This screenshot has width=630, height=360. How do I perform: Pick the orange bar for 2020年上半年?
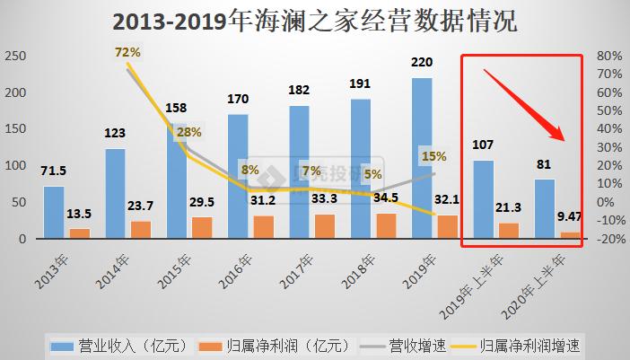569,235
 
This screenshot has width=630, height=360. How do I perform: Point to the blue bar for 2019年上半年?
483,199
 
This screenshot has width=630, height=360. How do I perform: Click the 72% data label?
127,53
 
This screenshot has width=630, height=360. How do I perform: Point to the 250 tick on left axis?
15,56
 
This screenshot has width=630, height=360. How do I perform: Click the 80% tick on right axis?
610,56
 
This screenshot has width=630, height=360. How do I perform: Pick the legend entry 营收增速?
414,345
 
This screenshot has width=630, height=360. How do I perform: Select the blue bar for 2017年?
299,171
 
